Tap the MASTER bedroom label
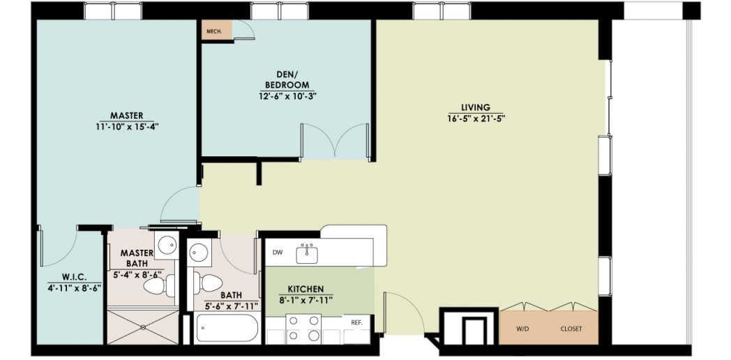coord(127,116)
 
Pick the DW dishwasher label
coord(278,253)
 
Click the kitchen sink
coord(307,254)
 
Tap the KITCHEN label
coord(306,290)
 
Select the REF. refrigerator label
coord(356,322)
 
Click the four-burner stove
coord(303,329)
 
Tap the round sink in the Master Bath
coord(166,244)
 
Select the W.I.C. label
coord(74,277)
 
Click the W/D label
coord(522,329)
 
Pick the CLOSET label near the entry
coord(571,329)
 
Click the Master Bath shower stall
coord(143,326)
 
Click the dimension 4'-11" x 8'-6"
coord(75,287)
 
